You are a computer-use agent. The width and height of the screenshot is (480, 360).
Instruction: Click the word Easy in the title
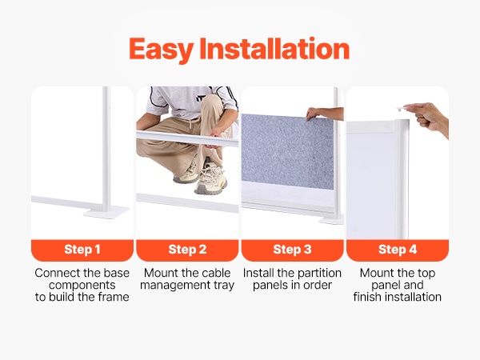pyautogui.click(x=161, y=50)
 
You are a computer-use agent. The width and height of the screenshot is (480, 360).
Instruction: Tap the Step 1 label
pyautogui.click(x=82, y=250)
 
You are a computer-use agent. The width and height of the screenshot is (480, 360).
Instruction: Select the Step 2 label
pyautogui.click(x=187, y=250)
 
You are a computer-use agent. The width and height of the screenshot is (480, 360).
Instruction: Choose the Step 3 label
pyautogui.click(x=292, y=250)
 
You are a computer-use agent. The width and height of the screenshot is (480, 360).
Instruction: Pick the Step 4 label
pyautogui.click(x=398, y=250)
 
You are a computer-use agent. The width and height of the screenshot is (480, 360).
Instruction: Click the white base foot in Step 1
pyautogui.click(x=106, y=212)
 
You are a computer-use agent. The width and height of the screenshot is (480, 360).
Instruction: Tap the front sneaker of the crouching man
pyautogui.click(x=211, y=180)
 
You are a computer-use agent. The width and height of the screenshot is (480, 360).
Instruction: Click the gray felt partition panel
pyautogui.click(x=287, y=151)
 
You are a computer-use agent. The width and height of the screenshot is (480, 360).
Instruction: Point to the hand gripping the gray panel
pyautogui.click(x=314, y=114)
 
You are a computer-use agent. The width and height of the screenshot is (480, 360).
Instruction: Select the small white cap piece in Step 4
pyautogui.click(x=402, y=109)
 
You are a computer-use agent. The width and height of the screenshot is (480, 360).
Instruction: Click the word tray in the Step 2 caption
pyautogui.click(x=224, y=286)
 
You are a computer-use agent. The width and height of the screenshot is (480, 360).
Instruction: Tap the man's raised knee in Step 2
pyautogui.click(x=211, y=102)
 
